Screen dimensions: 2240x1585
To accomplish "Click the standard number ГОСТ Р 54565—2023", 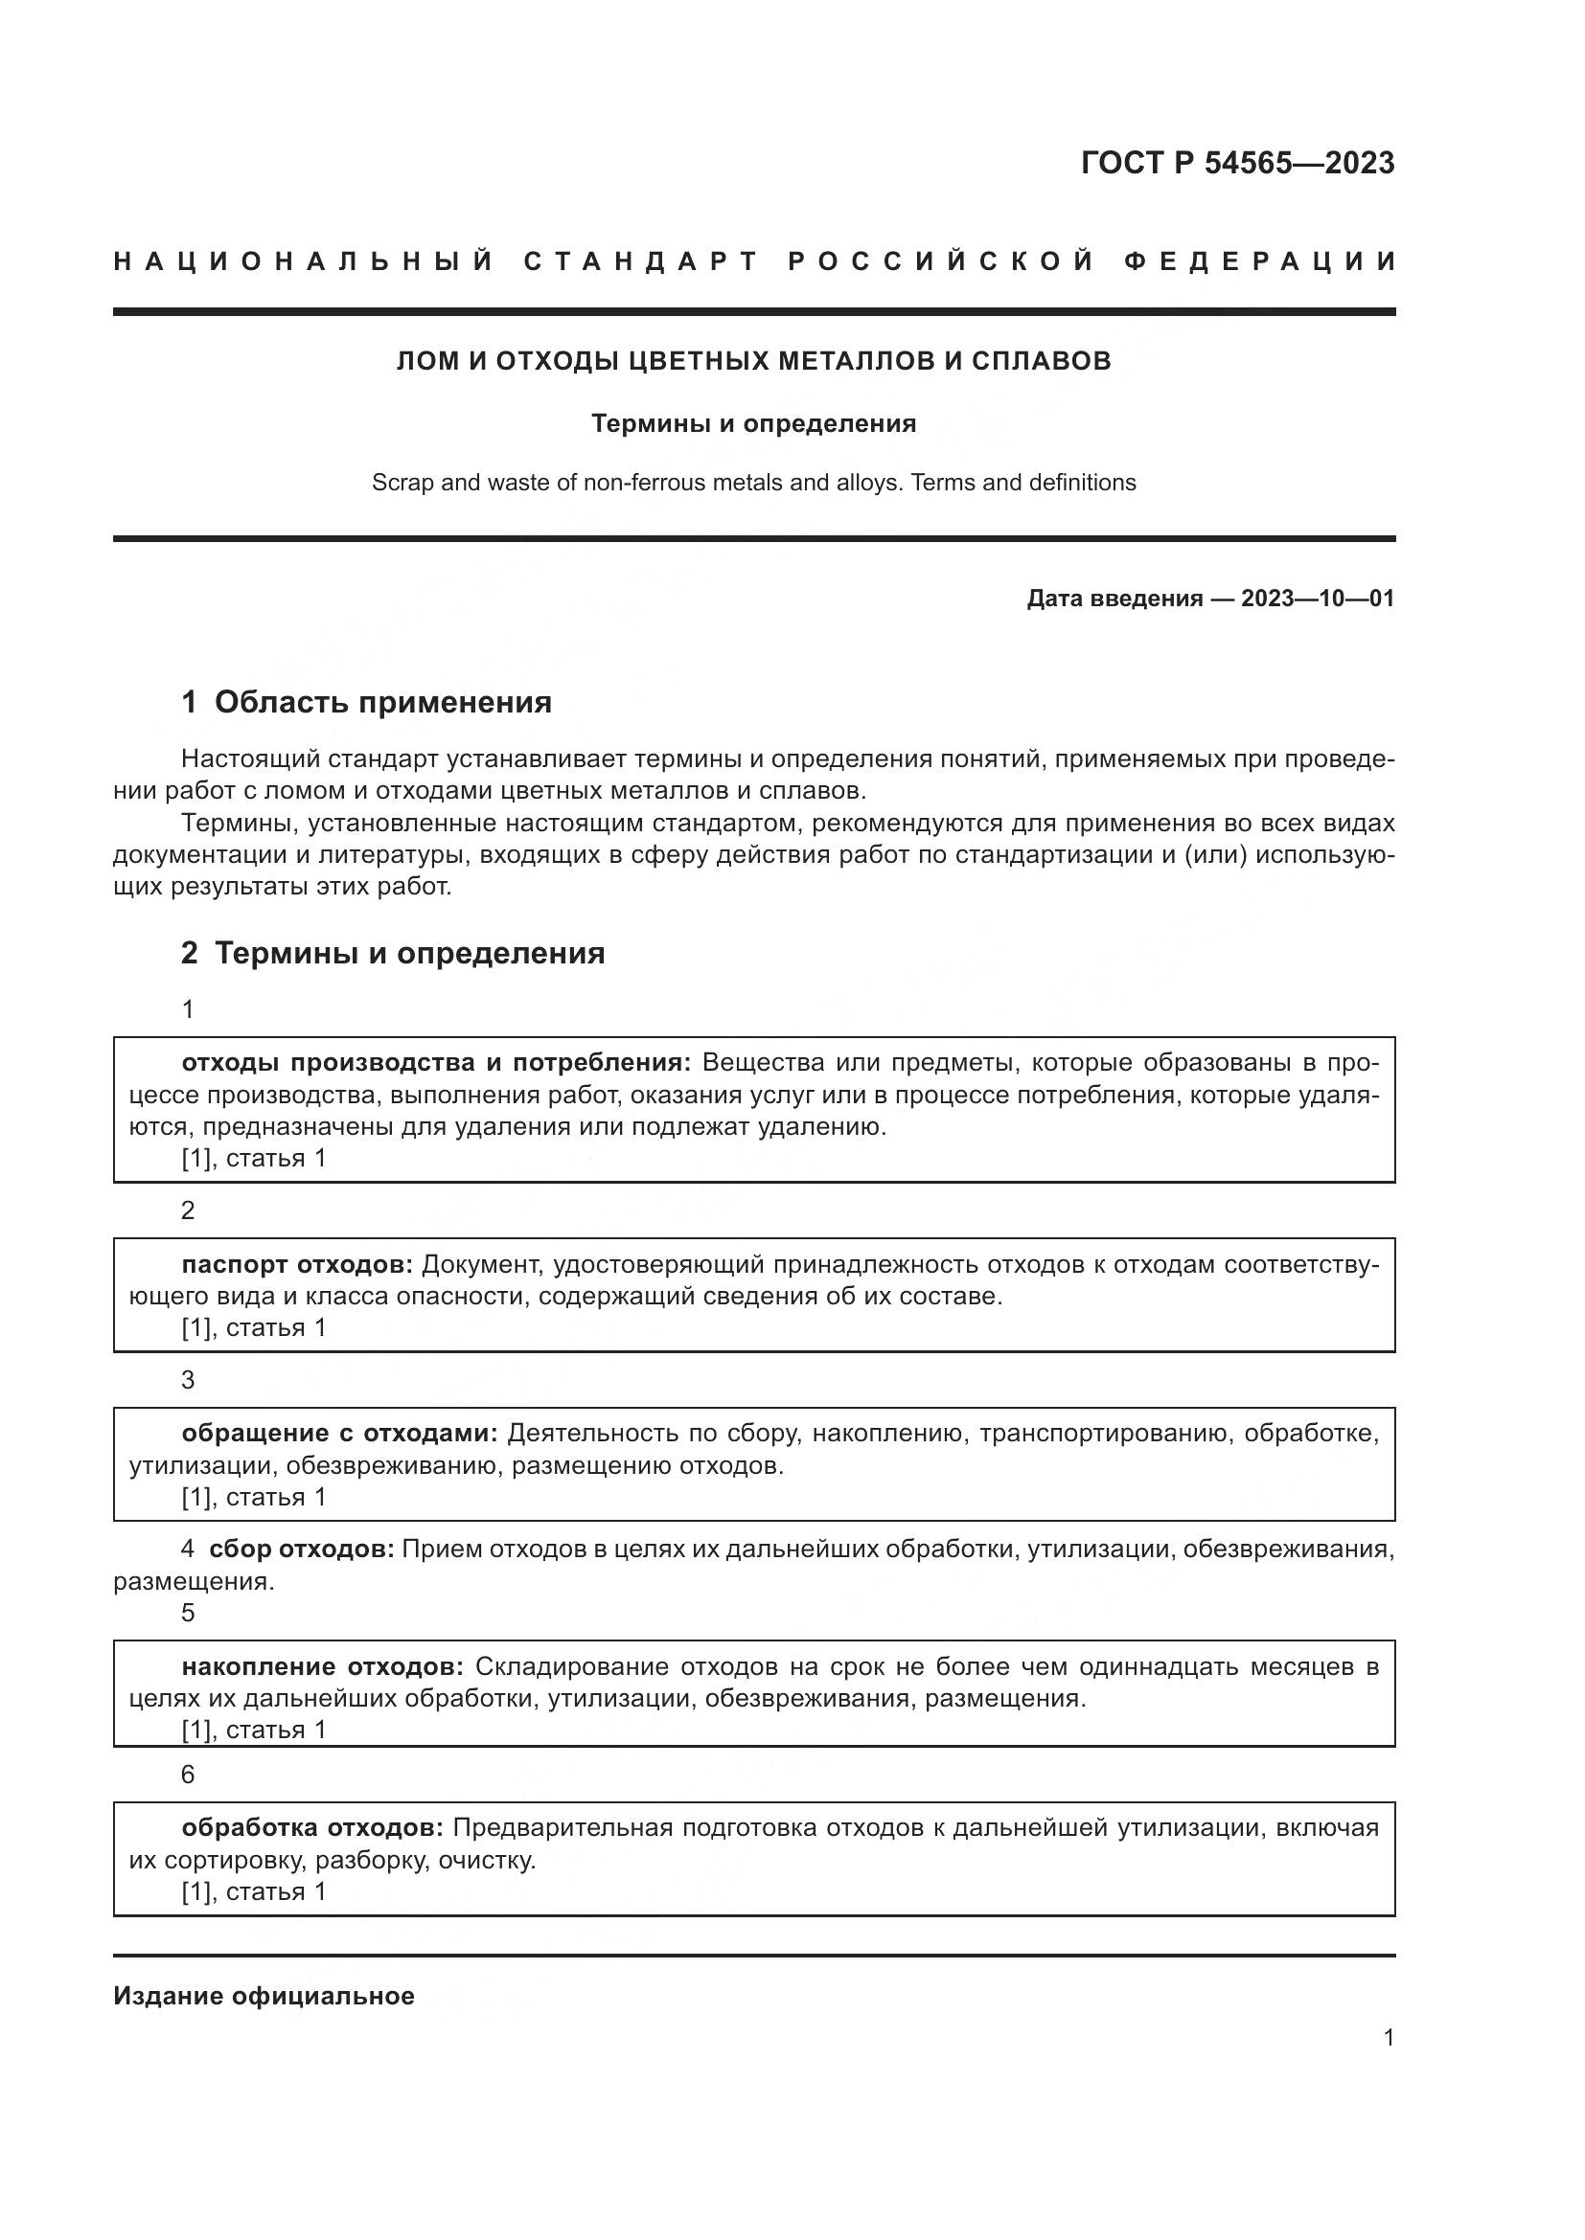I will [x=1236, y=163].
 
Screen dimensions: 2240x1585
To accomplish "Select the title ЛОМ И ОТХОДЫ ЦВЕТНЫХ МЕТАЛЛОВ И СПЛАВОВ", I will [x=753, y=361].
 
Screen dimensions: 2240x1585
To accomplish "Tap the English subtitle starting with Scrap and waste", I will [x=753, y=483].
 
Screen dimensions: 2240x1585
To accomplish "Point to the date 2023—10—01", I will [x=1317, y=599].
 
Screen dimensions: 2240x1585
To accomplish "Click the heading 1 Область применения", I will [x=366, y=702].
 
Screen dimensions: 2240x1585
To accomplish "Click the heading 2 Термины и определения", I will [x=392, y=953].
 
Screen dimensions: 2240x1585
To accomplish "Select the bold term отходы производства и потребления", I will [x=435, y=1062].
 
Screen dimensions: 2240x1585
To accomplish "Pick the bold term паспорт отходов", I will [x=297, y=1264].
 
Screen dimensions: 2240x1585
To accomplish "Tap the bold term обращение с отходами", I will [x=338, y=1434].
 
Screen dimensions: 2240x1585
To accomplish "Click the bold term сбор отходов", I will [x=301, y=1550].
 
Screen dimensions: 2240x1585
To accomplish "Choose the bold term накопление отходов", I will [x=322, y=1666].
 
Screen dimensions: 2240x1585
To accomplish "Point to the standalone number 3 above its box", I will [x=188, y=1381].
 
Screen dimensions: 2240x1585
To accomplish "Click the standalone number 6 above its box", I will [x=188, y=1775].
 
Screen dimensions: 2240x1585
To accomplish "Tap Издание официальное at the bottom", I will [x=264, y=1996].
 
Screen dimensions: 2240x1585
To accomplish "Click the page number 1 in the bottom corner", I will [x=1388, y=2038].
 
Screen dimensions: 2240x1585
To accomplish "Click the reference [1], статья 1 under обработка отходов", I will [x=254, y=1891].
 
